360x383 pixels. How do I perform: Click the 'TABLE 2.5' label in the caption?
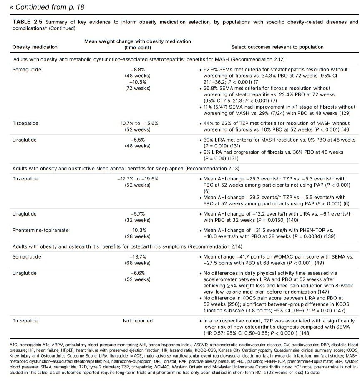point(27,22)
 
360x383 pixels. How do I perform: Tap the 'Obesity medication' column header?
point(35,47)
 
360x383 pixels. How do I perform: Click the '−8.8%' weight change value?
point(138,70)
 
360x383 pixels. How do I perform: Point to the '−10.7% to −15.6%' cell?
point(138,124)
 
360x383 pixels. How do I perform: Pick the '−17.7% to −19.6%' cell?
point(138,178)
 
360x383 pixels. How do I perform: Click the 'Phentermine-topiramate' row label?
point(41,230)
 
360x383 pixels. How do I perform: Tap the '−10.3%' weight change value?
point(138,230)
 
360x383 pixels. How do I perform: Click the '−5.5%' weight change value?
point(138,139)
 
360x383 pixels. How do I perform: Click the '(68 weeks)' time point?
point(138,263)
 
